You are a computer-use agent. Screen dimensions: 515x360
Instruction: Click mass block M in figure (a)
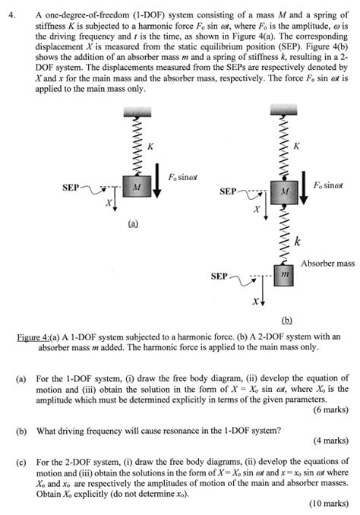point(135,187)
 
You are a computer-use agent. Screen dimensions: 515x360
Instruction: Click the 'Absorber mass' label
point(327,264)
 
